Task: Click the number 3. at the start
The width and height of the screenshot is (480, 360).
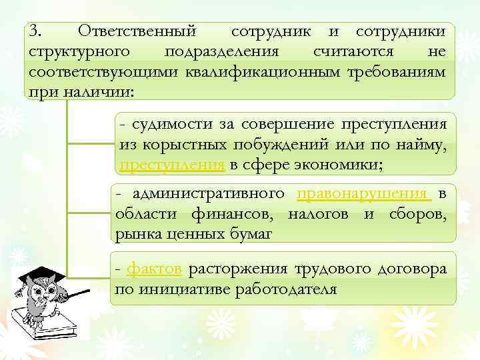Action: [35, 31]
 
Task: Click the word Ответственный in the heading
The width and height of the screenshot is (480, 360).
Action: [137, 31]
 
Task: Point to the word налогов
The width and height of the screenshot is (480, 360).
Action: [321, 214]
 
